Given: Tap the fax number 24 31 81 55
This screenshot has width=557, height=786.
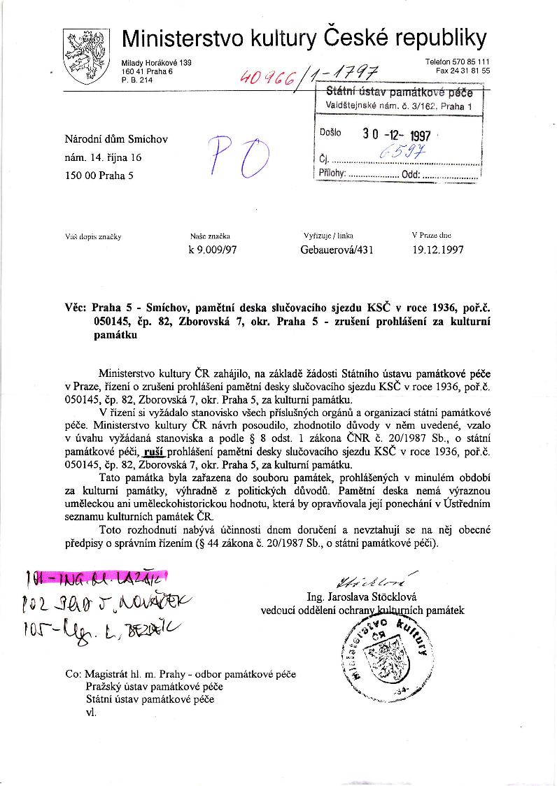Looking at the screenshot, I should pyautogui.click(x=463, y=71).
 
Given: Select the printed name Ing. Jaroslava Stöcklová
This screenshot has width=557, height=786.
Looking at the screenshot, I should pyautogui.click(x=362, y=597).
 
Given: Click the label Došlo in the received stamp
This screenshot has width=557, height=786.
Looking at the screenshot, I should pyautogui.click(x=330, y=132).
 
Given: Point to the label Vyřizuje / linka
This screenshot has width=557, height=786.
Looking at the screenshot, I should pyautogui.click(x=327, y=236).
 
